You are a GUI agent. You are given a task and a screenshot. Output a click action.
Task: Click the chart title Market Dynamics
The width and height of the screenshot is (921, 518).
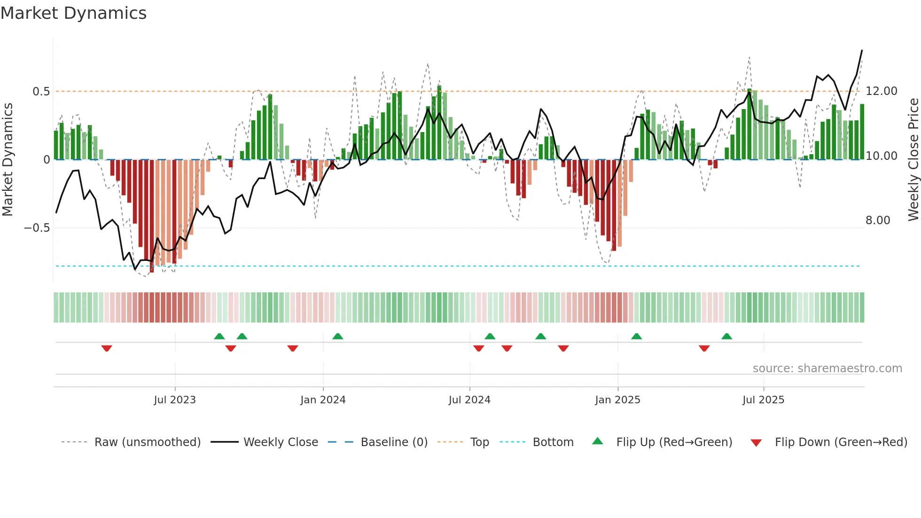73,13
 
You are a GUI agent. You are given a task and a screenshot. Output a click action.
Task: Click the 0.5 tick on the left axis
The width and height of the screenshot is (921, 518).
41,92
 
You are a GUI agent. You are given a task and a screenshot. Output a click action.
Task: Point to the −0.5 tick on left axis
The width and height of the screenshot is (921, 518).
37,228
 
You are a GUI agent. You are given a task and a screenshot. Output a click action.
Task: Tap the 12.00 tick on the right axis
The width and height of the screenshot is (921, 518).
882,91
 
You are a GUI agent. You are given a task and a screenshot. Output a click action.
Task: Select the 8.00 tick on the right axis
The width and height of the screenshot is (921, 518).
878,220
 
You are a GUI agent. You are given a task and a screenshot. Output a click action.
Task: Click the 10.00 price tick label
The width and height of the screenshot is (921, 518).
882,156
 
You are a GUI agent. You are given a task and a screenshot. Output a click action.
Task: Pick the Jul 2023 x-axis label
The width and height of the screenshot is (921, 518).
175,400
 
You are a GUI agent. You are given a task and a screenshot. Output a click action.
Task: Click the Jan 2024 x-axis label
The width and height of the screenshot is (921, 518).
323,400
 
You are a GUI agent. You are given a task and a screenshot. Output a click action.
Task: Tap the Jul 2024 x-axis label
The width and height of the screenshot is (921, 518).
469,400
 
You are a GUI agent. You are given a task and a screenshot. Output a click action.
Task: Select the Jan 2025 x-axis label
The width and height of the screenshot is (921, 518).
617,400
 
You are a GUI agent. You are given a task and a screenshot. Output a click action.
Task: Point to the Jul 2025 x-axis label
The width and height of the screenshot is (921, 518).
764,400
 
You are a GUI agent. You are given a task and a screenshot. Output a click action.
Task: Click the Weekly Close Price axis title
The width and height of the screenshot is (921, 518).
913,160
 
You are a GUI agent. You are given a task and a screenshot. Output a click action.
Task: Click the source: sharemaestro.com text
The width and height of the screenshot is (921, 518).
827,369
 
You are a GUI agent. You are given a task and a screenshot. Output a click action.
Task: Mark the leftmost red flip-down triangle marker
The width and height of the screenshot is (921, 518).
107,348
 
